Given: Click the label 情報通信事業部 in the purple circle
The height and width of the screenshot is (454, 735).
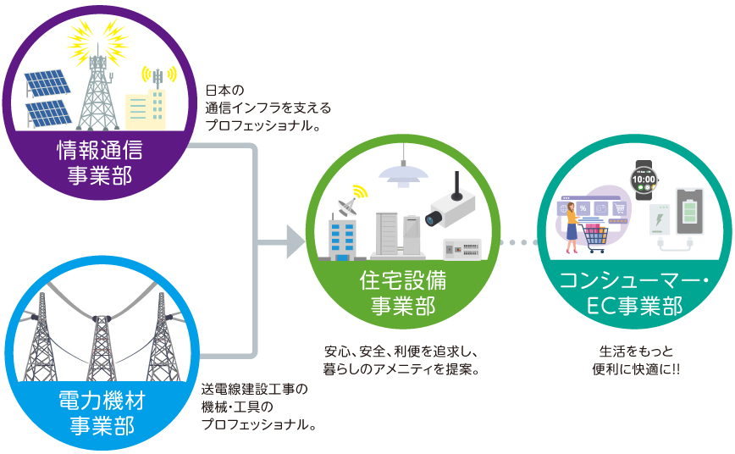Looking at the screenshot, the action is pyautogui.click(x=99, y=163).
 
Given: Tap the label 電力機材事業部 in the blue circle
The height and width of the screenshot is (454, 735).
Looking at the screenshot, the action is pyautogui.click(x=102, y=413).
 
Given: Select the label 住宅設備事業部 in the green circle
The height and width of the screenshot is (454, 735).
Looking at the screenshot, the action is pyautogui.click(x=403, y=293).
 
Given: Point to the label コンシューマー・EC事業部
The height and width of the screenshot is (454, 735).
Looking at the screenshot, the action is pyautogui.click(x=634, y=293).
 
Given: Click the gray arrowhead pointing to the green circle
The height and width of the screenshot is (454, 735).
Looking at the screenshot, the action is pyautogui.click(x=296, y=242).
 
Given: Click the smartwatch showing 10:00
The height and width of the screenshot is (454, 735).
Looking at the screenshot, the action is pyautogui.click(x=644, y=180).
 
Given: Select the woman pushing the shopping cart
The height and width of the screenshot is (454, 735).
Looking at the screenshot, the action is pyautogui.click(x=572, y=228).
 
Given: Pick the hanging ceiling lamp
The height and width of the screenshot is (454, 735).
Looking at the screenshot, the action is pyautogui.click(x=403, y=172).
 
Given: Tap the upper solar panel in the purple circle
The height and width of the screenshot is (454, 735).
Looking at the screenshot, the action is pyautogui.click(x=47, y=83).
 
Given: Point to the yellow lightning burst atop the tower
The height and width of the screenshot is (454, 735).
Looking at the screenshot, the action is pyautogui.click(x=97, y=41).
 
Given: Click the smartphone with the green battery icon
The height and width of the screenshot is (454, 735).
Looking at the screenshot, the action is pyautogui.click(x=689, y=212).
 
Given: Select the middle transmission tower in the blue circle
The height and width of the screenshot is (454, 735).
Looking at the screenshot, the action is pyautogui.click(x=102, y=347).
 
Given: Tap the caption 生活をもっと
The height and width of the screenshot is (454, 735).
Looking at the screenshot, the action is pyautogui.click(x=636, y=352).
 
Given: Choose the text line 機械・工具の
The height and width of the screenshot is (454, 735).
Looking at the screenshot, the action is pyautogui.click(x=237, y=407).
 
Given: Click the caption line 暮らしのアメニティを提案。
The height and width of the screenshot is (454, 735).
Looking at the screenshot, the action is pyautogui.click(x=401, y=369).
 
